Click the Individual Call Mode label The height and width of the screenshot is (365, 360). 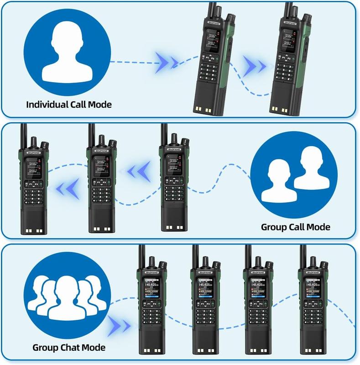pos(68,104)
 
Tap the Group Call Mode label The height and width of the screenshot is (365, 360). pos(295,227)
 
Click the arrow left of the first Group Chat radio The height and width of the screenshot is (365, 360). pos(120,324)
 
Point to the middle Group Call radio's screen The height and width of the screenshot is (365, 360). pos(100,167)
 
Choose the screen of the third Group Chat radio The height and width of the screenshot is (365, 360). pos(258,290)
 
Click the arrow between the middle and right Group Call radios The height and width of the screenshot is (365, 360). pos(136,171)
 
